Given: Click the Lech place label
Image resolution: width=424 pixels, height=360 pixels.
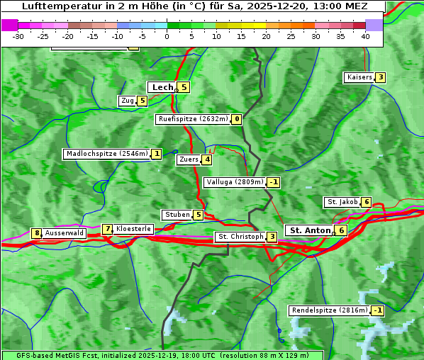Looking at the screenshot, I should click(162, 87).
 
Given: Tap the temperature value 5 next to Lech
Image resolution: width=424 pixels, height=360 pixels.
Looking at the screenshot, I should click(184, 87).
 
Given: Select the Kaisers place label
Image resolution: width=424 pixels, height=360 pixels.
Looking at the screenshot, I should click(359, 77).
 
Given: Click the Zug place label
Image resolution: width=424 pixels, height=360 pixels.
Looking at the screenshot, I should click(128, 101).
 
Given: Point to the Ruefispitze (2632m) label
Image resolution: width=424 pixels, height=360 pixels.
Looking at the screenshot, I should click(193, 119).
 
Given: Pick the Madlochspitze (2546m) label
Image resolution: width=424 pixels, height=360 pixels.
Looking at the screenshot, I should click(107, 154).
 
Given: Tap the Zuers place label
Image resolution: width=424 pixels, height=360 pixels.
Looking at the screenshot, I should click(189, 159).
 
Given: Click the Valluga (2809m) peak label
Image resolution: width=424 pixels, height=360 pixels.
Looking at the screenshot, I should click(235, 182).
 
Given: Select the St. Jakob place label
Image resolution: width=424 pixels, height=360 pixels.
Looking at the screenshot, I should click(342, 202).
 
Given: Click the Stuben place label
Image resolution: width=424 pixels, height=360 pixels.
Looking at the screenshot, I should click(177, 215).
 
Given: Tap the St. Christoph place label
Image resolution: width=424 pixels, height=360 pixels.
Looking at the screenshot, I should click(240, 237).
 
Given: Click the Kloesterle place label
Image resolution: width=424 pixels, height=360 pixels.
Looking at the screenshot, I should click(133, 229).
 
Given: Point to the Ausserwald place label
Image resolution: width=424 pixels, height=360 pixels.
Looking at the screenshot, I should click(65, 232).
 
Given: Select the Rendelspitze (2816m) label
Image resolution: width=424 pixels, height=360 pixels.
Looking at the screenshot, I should click(330, 310).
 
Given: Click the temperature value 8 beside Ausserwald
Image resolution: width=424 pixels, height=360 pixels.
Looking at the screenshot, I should click(36, 233).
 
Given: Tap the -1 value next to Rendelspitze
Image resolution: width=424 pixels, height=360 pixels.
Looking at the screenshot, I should click(377, 310).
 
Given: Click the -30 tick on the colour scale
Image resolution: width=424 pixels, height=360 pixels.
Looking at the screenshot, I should click(18, 36).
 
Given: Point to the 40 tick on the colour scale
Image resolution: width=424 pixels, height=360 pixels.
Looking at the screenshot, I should click(365, 36).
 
